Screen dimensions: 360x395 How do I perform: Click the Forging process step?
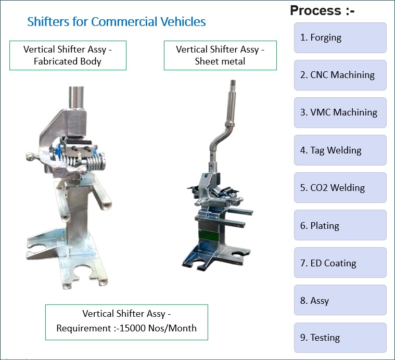click(x=340, y=37)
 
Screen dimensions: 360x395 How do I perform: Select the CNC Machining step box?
click(x=340, y=75)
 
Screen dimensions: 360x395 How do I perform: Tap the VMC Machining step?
click(x=340, y=112)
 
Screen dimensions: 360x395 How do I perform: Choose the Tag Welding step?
click(x=340, y=150)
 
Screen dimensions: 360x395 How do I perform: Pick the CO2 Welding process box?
click(x=340, y=188)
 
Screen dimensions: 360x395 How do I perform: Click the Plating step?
click(x=340, y=226)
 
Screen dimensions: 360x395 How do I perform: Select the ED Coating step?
click(x=340, y=263)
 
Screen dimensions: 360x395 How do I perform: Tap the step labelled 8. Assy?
click(x=340, y=301)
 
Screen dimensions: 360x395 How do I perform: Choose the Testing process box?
click(x=340, y=338)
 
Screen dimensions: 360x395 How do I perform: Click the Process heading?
click(x=322, y=10)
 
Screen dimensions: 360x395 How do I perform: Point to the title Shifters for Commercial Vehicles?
click(x=116, y=22)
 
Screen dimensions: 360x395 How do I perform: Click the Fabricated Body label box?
click(x=68, y=55)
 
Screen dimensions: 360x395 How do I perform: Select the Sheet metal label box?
click(x=220, y=55)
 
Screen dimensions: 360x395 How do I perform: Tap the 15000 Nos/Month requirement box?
click(x=126, y=322)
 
